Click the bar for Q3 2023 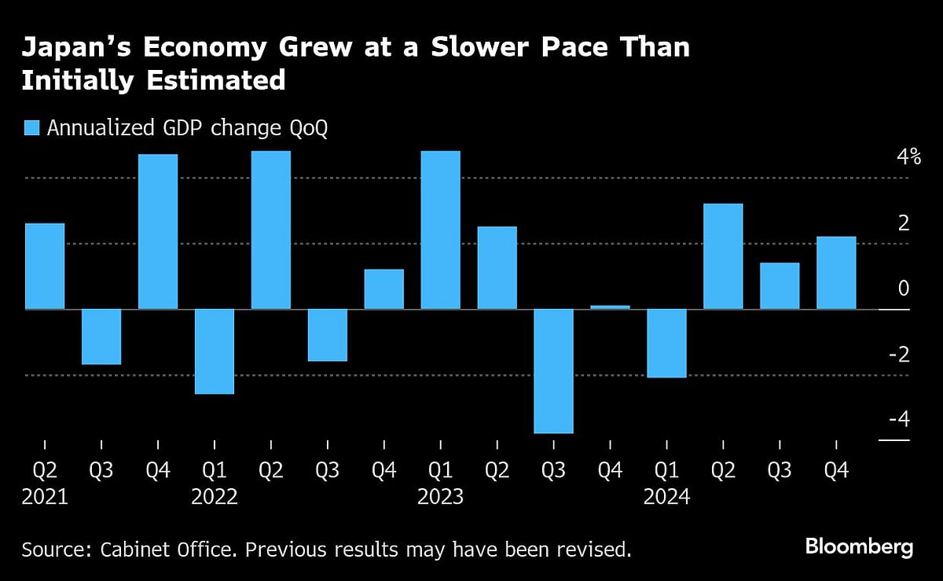[553, 370]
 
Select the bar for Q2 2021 [45, 266]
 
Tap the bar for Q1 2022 [215, 351]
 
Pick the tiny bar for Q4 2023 [610, 307]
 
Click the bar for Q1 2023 [440, 230]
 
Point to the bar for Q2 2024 [723, 256]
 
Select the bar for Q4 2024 [836, 273]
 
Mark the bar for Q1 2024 [666, 343]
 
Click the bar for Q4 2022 [383, 289]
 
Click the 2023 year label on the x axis [440, 498]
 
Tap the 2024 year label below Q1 [666, 498]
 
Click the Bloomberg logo [859, 546]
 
